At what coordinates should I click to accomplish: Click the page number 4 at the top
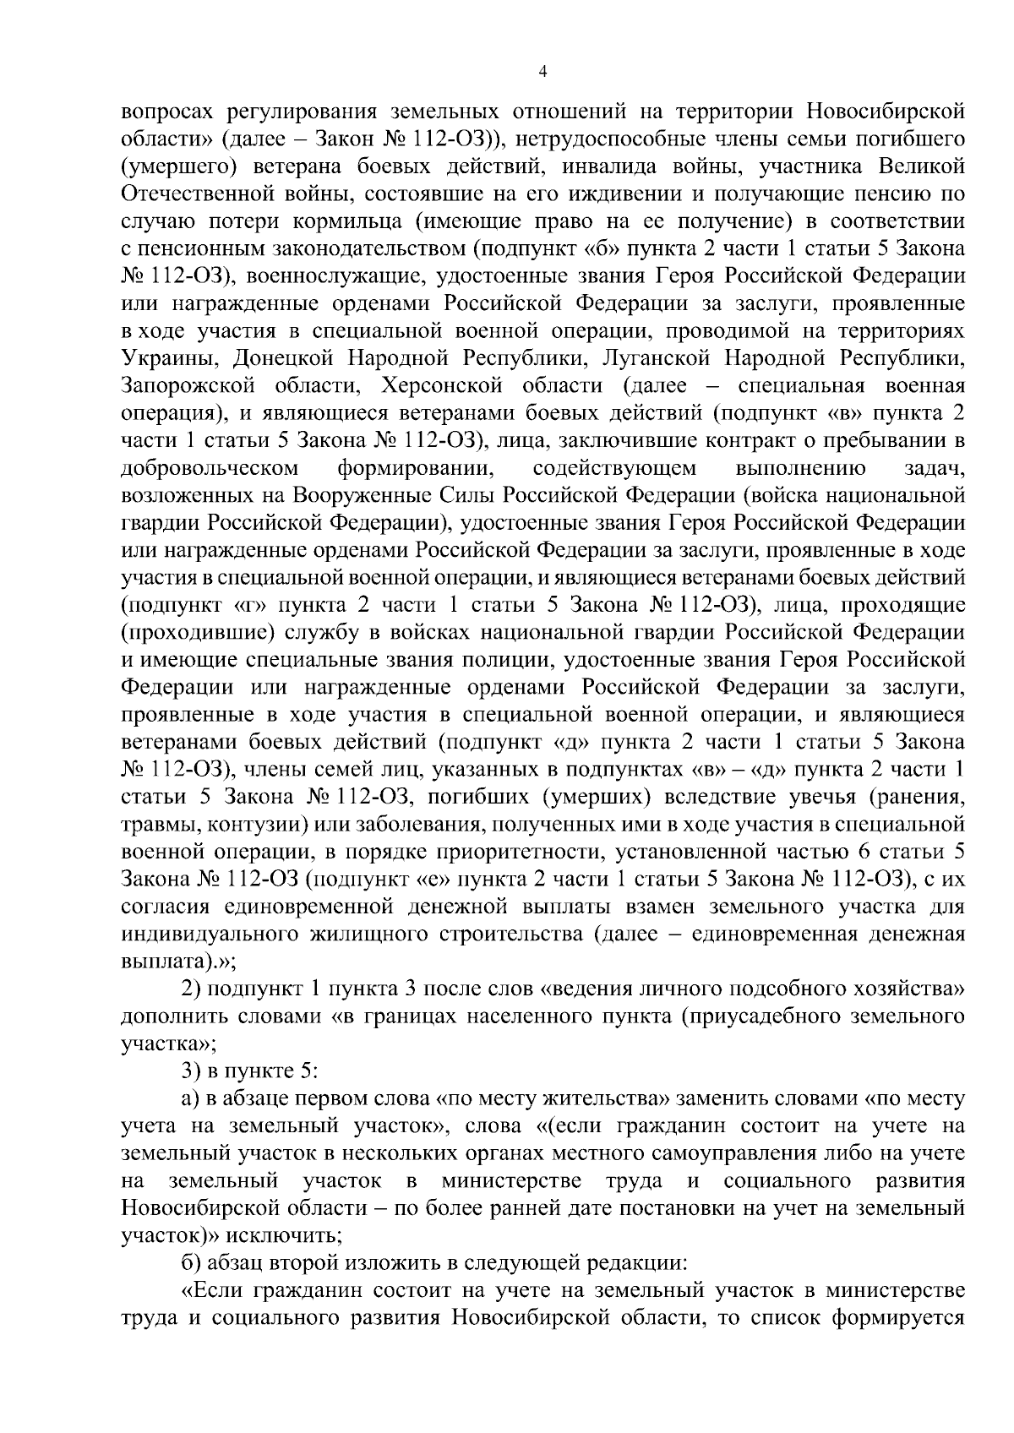pos(542,73)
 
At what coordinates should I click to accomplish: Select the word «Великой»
pos(928,166)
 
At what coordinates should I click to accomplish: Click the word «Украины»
pos(165,359)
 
